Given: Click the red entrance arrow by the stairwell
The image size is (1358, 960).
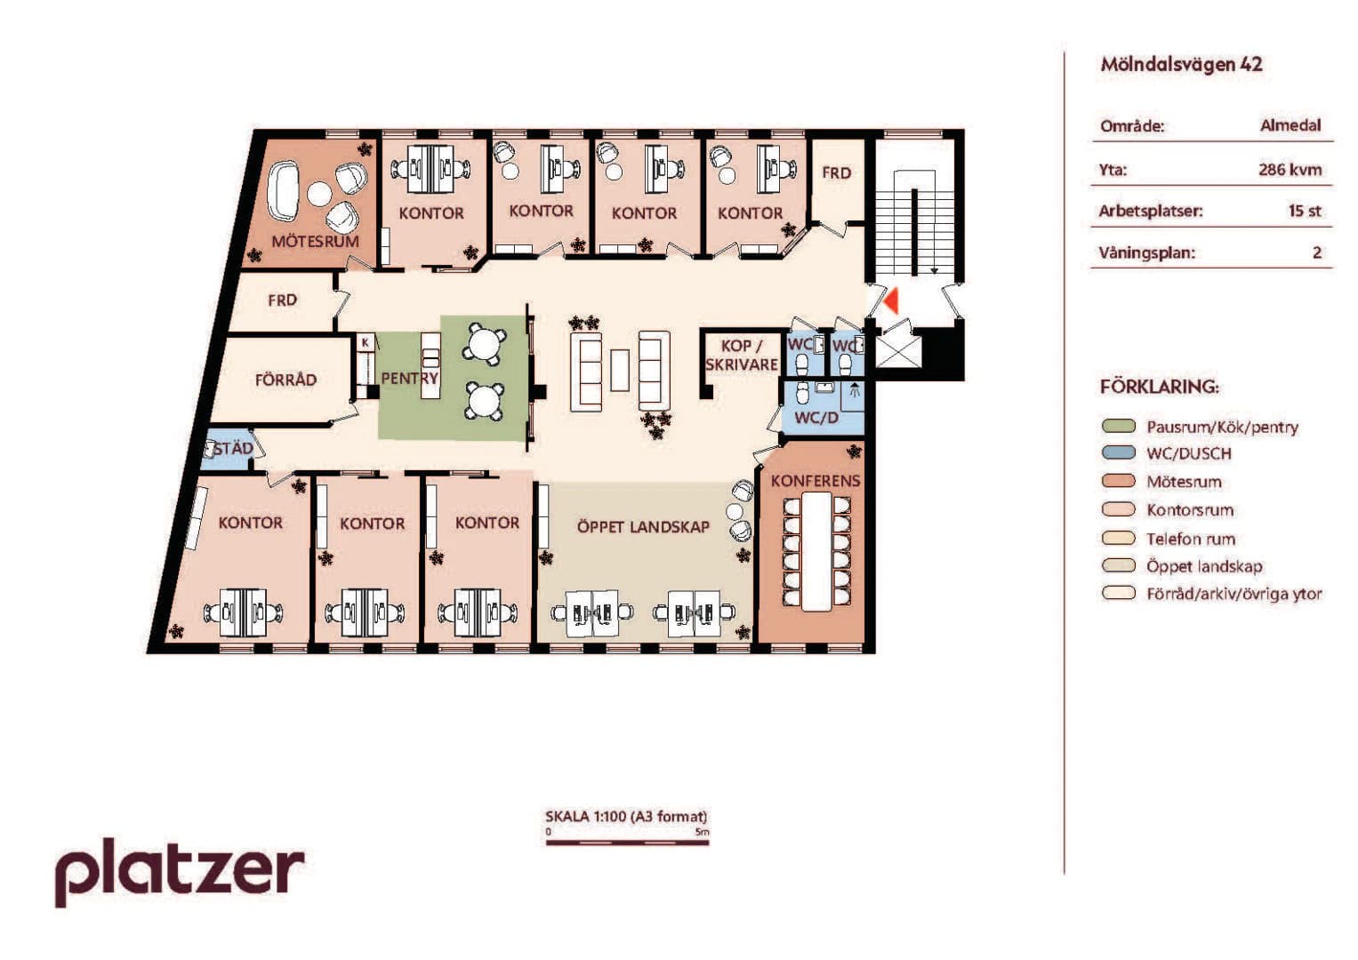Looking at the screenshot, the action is point(890,301).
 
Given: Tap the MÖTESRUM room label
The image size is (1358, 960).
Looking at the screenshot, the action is point(315,241).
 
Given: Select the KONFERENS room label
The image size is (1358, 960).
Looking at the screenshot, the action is point(816,481).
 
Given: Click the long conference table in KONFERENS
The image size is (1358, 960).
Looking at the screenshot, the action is point(816,551).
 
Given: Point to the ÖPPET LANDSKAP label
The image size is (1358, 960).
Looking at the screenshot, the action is point(643,526).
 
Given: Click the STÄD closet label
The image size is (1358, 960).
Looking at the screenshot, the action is point(233,449).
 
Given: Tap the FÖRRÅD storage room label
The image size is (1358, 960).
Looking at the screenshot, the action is point(285,380).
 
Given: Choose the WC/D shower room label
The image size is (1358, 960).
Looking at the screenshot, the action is point(816,418).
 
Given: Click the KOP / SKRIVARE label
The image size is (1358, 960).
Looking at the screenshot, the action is point(742,356).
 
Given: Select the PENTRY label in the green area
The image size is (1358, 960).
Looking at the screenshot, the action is point(409,378).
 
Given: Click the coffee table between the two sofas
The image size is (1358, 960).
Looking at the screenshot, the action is point(619,371).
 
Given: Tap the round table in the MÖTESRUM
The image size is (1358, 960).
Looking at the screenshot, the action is point(319,194).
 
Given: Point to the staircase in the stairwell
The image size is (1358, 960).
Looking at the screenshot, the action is point(914,221).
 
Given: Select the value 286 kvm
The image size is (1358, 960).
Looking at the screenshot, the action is point(1290,170).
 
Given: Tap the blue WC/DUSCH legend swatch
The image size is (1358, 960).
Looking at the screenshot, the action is point(1118,452).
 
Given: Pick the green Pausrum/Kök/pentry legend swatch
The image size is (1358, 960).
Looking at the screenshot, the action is point(1118,426).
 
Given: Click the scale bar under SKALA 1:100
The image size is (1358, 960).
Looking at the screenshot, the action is point(627,842).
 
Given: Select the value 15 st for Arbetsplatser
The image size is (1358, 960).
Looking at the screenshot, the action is point(1305,211).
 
